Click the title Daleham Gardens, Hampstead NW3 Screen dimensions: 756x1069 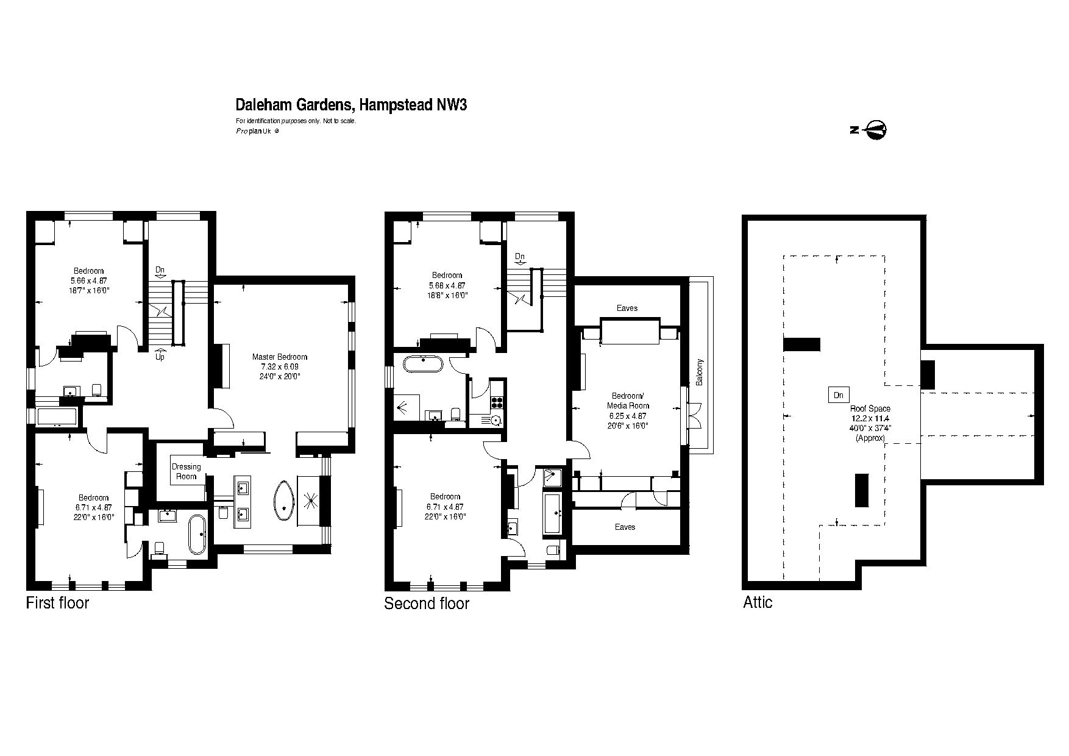pos(351,105)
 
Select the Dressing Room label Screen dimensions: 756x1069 pos(186,471)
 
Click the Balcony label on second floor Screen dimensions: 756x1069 pos(700,371)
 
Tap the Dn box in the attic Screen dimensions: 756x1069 pos(838,395)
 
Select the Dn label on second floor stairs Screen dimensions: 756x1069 pos(520,257)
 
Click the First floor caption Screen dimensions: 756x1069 pos(57,603)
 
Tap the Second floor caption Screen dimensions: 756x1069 pos(427,604)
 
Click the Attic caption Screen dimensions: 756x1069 pos(758,602)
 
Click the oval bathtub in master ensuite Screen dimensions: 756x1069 pos(284,501)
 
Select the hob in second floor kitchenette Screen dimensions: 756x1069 pos(497,402)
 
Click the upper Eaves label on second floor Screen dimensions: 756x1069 pos(627,308)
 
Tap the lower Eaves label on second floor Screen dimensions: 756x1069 pos(625,527)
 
